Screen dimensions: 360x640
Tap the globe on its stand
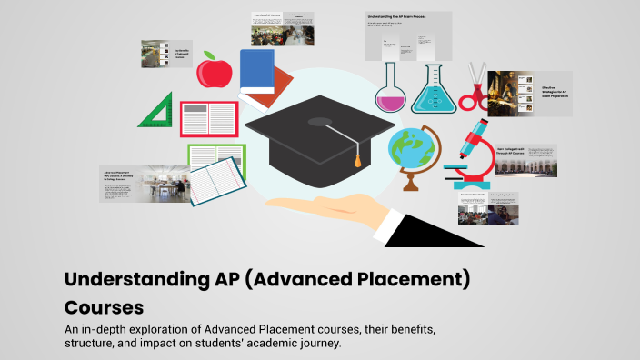[x=409, y=151]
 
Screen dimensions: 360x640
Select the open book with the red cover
[x=208, y=119]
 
